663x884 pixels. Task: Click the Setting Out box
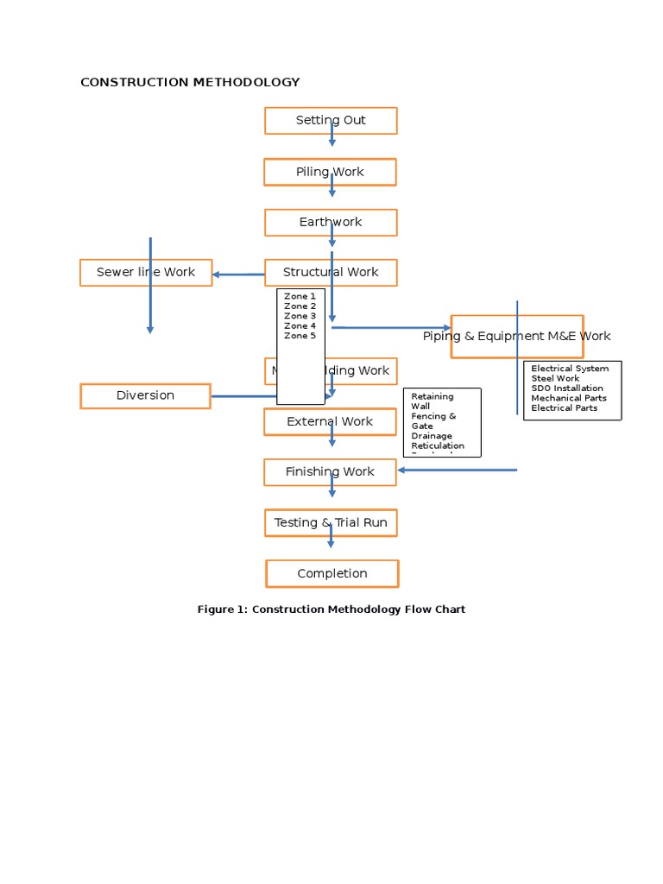coord(331,121)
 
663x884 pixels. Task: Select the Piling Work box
coord(330,172)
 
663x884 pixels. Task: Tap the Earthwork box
coord(331,223)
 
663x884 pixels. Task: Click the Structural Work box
coord(331,272)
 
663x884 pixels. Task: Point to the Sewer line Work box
coord(146,272)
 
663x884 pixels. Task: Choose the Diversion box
coord(145,395)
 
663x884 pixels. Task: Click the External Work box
coord(330,421)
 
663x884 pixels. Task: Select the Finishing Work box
coord(330,472)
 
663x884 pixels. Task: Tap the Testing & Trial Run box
coord(331,522)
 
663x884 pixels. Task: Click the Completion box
coord(332,573)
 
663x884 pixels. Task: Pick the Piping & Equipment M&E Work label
coord(516,337)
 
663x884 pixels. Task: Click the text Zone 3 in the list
coord(300,316)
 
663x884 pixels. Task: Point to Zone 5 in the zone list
coord(300,336)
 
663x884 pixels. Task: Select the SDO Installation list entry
coord(566,388)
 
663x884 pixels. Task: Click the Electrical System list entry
coord(570,369)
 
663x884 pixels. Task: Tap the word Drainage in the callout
coord(432,436)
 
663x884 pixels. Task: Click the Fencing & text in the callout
coord(433,416)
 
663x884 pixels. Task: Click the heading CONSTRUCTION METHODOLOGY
coord(190,82)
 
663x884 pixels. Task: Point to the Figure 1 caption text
coord(331,609)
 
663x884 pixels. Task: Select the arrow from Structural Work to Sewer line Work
coord(238,275)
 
